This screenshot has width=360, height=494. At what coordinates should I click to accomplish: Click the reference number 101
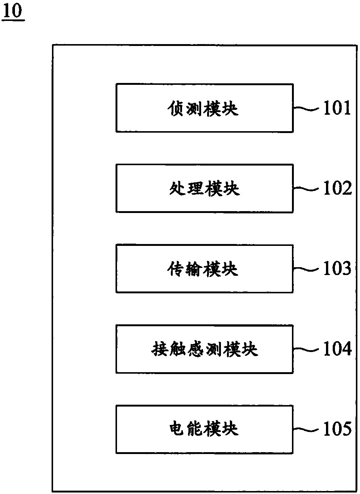[x=337, y=108]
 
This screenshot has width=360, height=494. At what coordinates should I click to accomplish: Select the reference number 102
[x=337, y=188]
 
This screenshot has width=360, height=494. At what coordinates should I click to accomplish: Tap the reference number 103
[x=337, y=269]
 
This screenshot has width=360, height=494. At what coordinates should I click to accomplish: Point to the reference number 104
[x=337, y=349]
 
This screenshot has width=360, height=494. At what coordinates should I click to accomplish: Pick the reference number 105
[x=337, y=429]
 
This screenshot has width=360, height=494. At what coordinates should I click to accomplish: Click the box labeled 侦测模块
[x=204, y=108]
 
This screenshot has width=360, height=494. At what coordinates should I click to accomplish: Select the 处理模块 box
[x=204, y=188]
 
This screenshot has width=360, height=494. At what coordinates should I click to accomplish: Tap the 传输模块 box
[x=204, y=269]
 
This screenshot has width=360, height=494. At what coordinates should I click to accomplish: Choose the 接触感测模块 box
[x=204, y=349]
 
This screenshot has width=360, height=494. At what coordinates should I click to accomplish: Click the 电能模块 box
[x=204, y=429]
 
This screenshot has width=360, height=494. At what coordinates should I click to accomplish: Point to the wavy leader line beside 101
[x=307, y=109]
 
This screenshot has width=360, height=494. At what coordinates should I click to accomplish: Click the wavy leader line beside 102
[x=307, y=189]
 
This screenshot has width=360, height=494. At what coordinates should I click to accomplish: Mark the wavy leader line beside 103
[x=307, y=269]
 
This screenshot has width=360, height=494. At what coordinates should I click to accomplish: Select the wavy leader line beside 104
[x=307, y=349]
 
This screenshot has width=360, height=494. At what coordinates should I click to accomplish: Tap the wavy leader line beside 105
[x=307, y=430]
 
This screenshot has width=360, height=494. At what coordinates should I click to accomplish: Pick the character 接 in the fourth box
[x=159, y=349]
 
